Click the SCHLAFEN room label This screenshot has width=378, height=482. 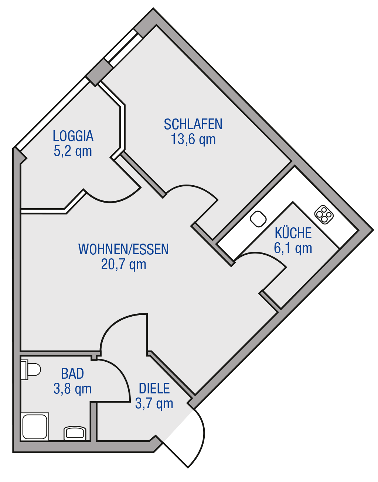[193, 124]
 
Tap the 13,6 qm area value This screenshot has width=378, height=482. [193, 140]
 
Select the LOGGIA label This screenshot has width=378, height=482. [73, 136]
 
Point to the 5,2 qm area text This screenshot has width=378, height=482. [73, 151]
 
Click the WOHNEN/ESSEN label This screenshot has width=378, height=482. [123, 249]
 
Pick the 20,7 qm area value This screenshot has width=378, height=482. [123, 264]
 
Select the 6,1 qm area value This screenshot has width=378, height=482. [293, 248]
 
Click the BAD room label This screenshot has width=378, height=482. [73, 373]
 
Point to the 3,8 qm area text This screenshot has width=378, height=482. [73, 389]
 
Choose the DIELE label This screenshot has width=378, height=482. [154, 388]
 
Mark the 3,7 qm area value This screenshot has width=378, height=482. [154, 404]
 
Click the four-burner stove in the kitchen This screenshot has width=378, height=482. [324, 215]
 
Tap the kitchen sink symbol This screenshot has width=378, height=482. [258, 219]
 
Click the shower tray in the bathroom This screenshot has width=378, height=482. [35, 427]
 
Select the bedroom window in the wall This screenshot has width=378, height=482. [123, 48]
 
